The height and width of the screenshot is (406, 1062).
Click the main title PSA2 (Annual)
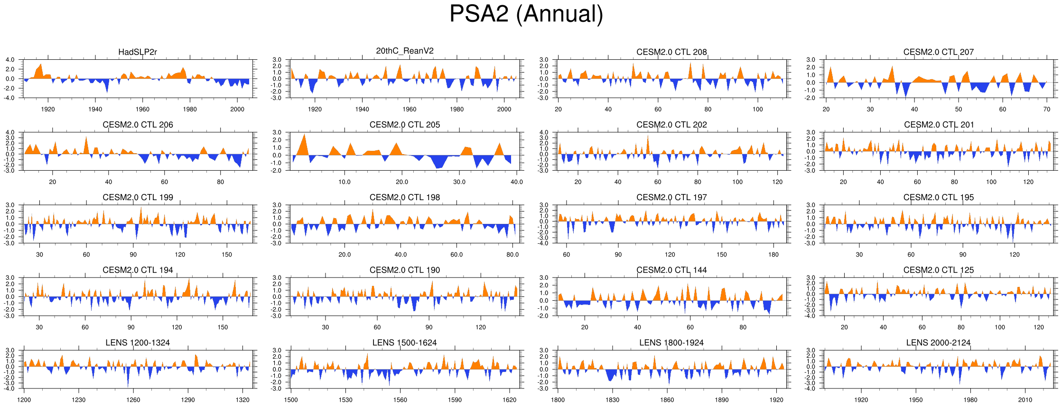pos(526,14)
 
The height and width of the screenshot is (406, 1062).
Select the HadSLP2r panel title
pos(138,52)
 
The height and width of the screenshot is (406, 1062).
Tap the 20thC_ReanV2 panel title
pos(405,51)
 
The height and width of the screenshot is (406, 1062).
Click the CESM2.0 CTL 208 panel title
pos(671,52)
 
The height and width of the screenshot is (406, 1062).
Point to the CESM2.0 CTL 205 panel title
pos(405,125)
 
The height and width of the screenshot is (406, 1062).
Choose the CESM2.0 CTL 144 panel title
pos(671,270)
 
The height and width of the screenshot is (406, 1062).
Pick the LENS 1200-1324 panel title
pos(138,342)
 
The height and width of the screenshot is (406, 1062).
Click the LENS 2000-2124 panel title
pos(938,342)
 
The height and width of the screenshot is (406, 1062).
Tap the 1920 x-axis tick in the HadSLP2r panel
pos(48,109)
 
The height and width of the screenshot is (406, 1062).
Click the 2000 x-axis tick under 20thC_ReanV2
pos(504,109)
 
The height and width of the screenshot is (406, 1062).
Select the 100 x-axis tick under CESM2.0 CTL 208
pos(758,109)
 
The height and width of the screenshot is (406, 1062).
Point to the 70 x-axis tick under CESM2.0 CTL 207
pos(1047,109)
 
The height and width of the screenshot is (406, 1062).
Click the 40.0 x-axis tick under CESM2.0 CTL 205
pos(516,182)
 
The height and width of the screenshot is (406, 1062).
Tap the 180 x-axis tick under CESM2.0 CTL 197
pos(773,254)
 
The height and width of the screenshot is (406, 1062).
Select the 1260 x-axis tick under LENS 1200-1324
pos(133,400)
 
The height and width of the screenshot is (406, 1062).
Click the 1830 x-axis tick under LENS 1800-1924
pos(612,400)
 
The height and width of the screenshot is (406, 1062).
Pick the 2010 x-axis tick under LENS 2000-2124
pos(1025,400)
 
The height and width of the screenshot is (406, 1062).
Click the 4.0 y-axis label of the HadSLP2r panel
pos(10,60)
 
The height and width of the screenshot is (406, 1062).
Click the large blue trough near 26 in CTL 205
pos(439,163)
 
